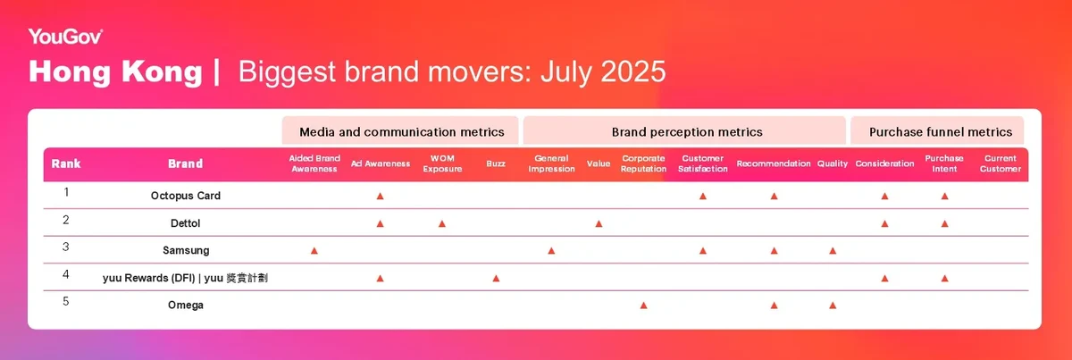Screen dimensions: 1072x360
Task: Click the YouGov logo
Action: tap(65, 37)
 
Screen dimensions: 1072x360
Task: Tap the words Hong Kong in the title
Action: tap(115, 71)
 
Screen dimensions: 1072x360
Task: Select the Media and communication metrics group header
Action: tap(401, 131)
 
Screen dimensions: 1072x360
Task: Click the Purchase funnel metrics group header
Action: tap(941, 131)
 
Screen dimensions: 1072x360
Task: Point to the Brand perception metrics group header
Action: tap(687, 131)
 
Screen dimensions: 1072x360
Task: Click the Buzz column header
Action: tap(496, 163)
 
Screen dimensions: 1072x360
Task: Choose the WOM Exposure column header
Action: tap(442, 163)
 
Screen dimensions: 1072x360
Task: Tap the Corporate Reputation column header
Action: tap(643, 163)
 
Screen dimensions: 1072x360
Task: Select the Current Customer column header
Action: tap(1001, 163)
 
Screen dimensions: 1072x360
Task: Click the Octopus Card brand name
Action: tap(186, 196)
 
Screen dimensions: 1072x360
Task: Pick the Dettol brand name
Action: tap(185, 223)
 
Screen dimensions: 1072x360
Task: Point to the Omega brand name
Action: tap(186, 305)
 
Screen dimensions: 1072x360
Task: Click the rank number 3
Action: tap(65, 247)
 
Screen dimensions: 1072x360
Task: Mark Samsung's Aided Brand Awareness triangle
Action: tap(314, 251)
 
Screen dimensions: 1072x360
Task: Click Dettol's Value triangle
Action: tap(599, 223)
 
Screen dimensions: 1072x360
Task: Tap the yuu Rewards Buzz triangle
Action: tap(496, 278)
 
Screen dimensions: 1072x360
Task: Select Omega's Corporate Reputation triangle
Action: tap(643, 306)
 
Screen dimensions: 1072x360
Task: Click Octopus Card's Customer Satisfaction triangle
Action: tap(702, 197)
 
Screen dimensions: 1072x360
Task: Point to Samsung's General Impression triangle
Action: tap(551, 251)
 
